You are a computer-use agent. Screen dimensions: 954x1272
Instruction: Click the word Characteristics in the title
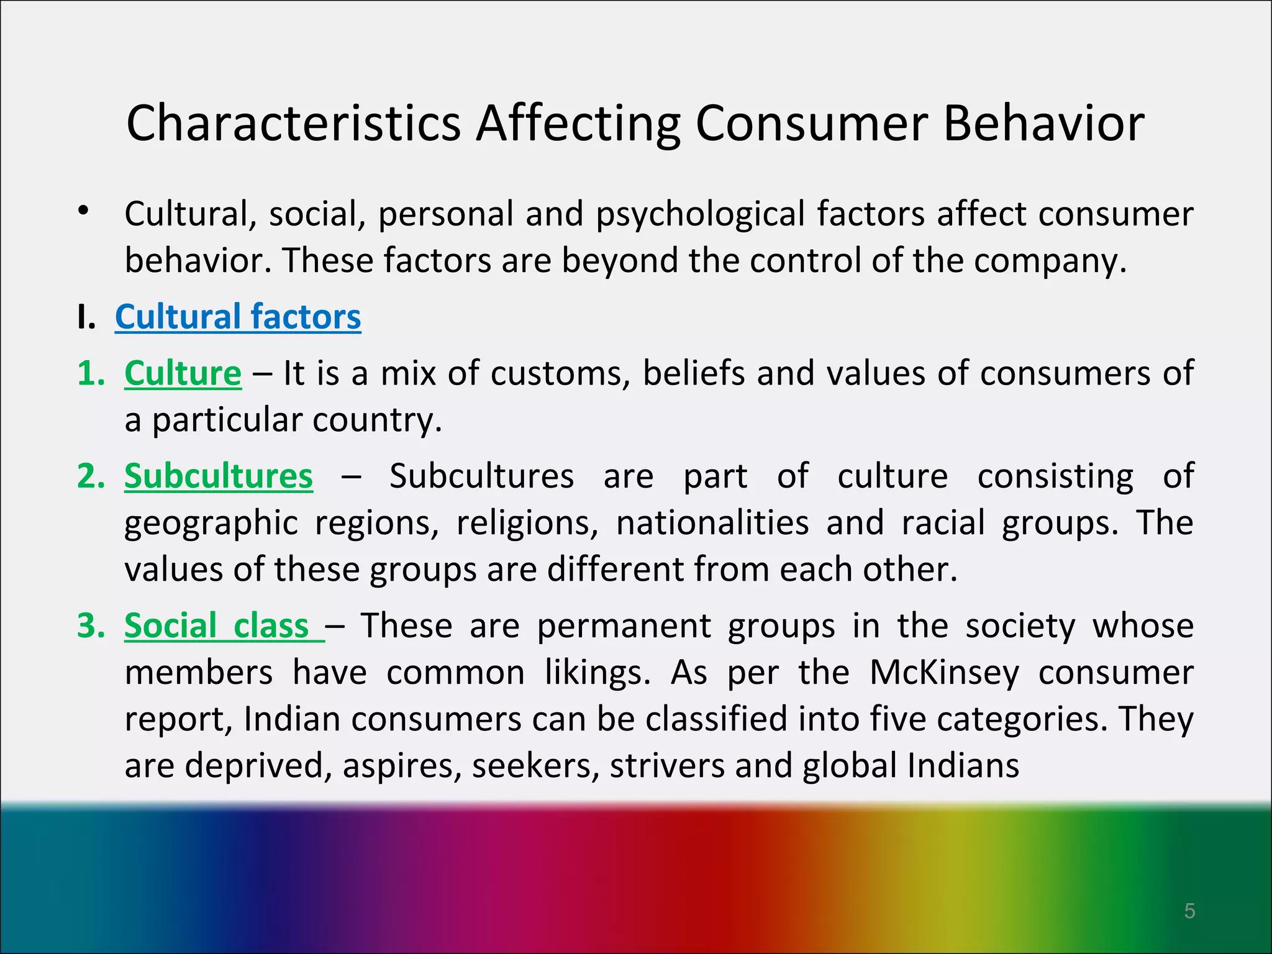click(293, 123)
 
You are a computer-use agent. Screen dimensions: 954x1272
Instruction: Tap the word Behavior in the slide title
click(1043, 123)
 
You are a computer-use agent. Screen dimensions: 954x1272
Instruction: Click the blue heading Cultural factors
click(238, 317)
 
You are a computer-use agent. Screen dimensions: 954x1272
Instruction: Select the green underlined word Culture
click(183, 373)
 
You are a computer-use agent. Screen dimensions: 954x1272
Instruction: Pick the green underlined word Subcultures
click(219, 476)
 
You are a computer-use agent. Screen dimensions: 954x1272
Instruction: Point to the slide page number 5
click(1189, 911)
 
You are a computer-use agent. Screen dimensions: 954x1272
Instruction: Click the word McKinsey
click(944, 673)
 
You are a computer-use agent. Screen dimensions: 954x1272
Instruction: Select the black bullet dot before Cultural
click(84, 211)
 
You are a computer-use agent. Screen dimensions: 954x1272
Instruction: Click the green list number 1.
click(91, 374)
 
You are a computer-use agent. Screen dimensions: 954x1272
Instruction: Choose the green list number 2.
click(91, 477)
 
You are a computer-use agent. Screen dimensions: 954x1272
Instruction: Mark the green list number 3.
click(91, 626)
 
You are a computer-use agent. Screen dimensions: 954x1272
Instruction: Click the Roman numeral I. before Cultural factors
click(86, 318)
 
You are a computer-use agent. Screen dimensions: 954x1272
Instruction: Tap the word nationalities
click(712, 523)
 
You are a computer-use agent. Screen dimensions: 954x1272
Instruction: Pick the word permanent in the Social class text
click(624, 626)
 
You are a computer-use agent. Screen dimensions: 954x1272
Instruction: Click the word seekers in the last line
click(535, 766)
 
